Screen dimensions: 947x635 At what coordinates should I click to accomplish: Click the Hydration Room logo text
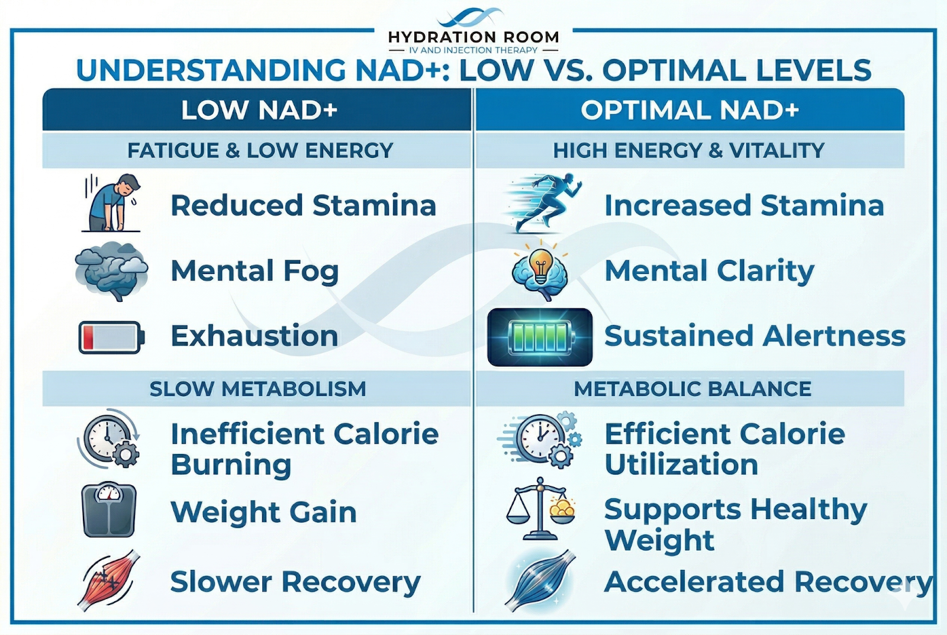pos(474,37)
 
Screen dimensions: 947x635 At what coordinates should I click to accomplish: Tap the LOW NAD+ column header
pos(259,110)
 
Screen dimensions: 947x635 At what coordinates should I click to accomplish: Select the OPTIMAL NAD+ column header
pos(690,110)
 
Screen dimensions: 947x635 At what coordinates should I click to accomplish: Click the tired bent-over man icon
pos(112,202)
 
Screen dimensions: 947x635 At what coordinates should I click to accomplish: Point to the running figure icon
pos(543,202)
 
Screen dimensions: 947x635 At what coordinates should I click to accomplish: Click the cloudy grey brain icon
pos(112,270)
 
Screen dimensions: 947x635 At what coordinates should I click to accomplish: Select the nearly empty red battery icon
pos(112,337)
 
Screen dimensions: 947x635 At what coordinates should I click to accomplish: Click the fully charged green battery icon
pos(540,337)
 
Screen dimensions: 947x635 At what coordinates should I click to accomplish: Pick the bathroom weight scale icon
pos(109,510)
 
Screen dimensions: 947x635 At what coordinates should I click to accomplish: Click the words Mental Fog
pos(255,271)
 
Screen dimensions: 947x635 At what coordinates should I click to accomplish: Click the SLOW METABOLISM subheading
pos(258,389)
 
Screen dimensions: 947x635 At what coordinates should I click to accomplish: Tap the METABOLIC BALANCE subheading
pos(692,389)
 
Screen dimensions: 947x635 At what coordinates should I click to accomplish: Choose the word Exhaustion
pos(255,336)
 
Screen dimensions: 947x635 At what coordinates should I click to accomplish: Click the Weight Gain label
pos(263,512)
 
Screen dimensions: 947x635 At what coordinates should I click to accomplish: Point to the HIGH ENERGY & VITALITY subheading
pos(689,150)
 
